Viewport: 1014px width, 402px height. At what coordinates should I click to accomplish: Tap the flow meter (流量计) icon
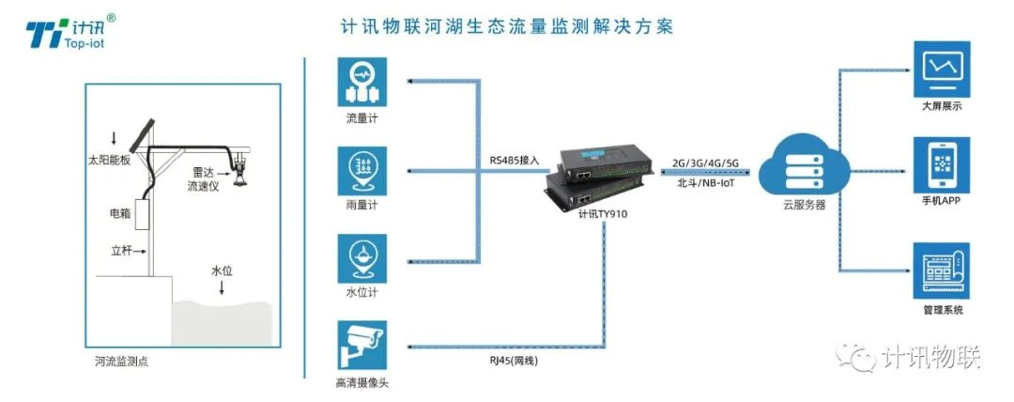tap(362, 82)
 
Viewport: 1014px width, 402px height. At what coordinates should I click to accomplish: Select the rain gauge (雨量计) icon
tap(362, 171)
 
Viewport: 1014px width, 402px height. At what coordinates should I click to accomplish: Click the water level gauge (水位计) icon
tap(362, 258)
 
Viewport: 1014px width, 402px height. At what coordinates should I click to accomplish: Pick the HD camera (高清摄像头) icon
tap(362, 345)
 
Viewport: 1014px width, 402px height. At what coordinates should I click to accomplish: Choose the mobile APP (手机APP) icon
tap(942, 165)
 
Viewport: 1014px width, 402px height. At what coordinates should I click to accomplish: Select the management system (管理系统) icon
tap(942, 271)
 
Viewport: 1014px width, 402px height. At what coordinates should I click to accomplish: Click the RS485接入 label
tap(515, 161)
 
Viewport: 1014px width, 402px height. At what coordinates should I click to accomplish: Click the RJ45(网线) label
tap(514, 362)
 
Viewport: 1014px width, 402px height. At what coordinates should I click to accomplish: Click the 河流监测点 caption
tap(121, 362)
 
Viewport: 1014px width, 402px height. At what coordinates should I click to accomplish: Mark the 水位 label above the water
tap(222, 271)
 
